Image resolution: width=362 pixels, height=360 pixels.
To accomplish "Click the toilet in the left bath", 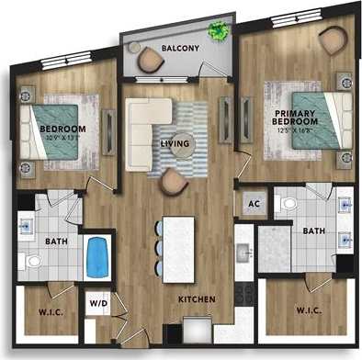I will click(31, 262).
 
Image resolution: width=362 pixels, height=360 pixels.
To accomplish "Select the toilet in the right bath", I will click(288, 202).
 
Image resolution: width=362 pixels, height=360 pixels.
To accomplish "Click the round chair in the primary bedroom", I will click(333, 39).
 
